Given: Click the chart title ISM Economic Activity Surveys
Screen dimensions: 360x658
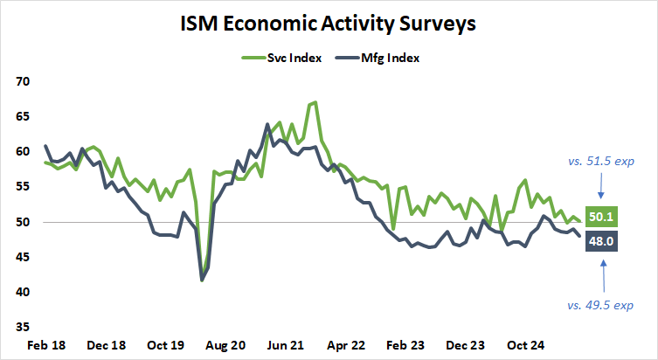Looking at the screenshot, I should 329,24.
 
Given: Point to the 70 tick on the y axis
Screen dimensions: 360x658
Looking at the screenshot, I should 22,81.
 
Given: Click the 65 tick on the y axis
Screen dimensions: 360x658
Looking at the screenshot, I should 22,116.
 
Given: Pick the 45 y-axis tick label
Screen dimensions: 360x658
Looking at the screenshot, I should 22,257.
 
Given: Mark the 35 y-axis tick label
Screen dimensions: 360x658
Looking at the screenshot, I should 22,327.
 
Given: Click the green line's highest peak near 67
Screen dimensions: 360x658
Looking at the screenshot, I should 315,102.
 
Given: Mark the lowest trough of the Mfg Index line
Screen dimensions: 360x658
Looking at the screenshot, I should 203,280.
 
